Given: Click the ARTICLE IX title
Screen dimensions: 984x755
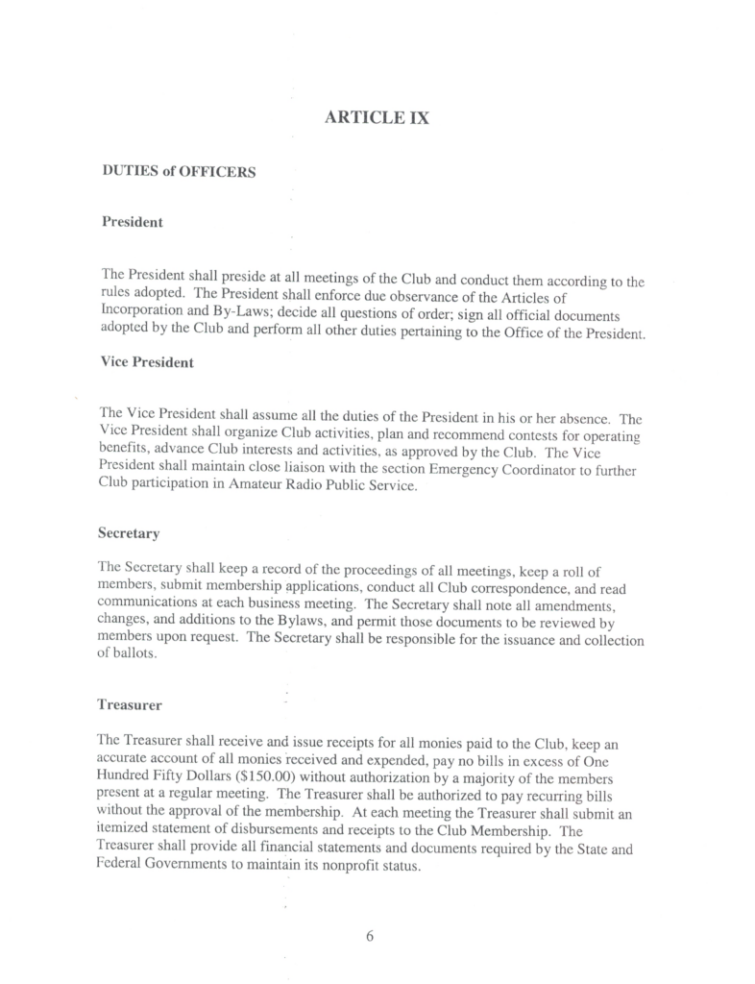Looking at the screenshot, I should [x=377, y=118].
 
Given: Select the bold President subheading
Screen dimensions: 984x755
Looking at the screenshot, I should [x=132, y=222].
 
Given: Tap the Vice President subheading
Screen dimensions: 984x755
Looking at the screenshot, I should [x=147, y=362].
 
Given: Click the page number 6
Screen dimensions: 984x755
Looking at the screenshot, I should [x=370, y=938].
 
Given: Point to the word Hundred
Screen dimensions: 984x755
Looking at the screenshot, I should [x=125, y=776].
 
